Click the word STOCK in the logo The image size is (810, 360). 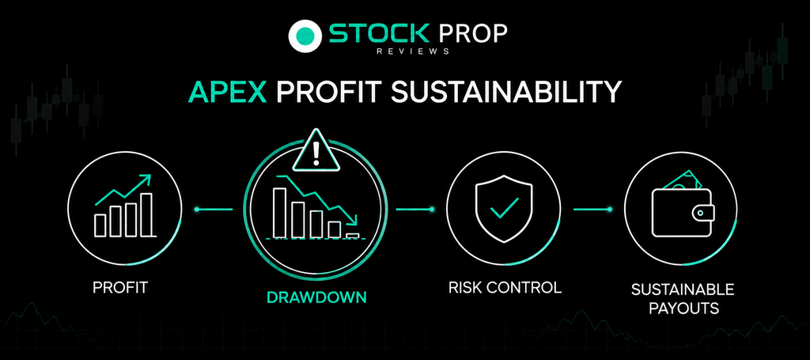(379, 33)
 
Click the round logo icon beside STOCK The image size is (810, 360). (305, 36)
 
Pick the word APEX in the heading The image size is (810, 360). (227, 92)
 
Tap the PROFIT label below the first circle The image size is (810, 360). (120, 288)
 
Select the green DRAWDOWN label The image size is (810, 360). (316, 297)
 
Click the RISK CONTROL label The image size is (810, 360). (505, 287)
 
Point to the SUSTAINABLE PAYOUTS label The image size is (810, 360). (683, 298)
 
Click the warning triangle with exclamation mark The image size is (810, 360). (316, 150)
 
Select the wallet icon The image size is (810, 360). (683, 207)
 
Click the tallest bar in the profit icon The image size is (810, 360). (146, 215)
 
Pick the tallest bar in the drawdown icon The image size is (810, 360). (279, 213)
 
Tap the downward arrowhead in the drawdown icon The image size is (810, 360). (352, 221)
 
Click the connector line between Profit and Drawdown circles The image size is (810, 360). (214, 209)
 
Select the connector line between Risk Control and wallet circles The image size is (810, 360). (592, 209)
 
